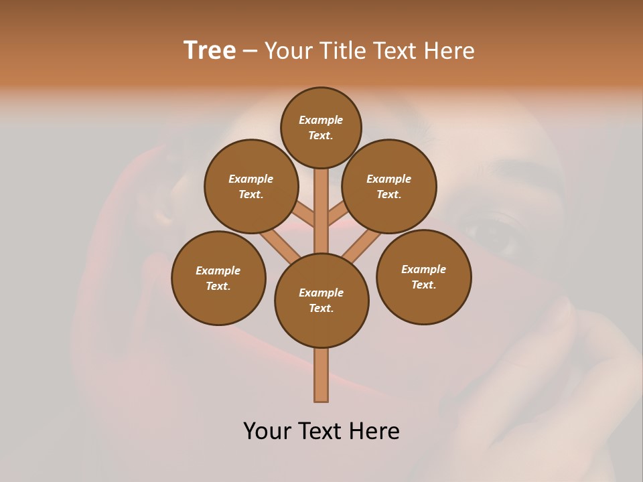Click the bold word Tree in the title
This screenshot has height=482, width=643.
pos(210,50)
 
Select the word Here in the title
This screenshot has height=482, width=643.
pos(451,51)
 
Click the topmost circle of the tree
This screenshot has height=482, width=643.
pos(321,127)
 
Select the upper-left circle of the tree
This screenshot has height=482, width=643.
pos(251,186)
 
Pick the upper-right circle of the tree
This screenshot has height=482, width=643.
pos(389,186)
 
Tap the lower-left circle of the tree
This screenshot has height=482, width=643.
pos(218,278)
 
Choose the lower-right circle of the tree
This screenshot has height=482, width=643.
pos(423,276)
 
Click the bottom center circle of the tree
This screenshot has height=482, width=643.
pos(321,300)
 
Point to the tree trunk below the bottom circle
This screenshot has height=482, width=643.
pos(321,375)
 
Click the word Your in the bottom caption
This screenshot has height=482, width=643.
pos(267,431)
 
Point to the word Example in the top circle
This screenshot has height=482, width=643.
pos(321,120)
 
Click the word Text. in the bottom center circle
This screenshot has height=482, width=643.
pos(321,308)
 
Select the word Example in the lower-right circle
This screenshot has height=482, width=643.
pos(423,269)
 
